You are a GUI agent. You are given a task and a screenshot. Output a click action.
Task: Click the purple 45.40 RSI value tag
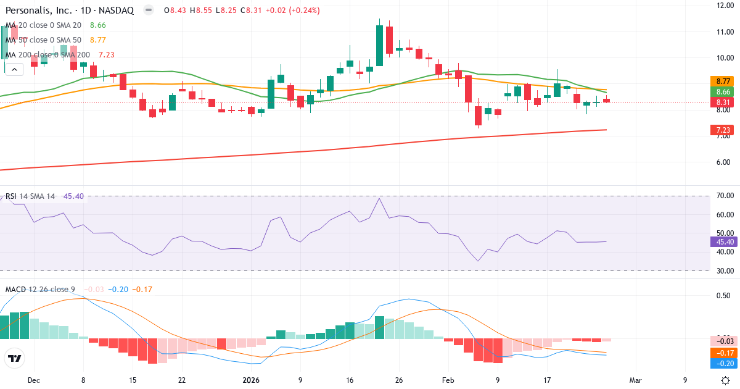(x=721, y=241)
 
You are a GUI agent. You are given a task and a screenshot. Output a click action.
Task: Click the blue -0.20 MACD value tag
(x=721, y=363)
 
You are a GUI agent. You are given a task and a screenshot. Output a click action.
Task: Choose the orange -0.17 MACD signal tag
(x=721, y=352)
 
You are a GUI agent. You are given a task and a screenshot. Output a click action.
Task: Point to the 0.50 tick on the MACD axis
(x=723, y=295)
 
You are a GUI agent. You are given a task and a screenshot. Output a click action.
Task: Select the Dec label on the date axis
(x=34, y=380)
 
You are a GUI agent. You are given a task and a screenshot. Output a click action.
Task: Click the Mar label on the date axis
(x=635, y=380)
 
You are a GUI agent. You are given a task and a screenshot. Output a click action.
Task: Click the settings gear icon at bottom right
(x=726, y=380)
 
